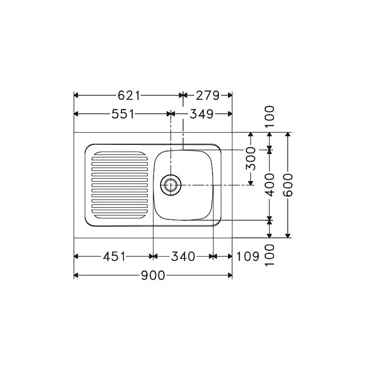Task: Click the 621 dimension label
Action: coord(129,95)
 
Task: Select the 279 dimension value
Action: coord(208,95)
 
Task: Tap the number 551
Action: coord(123,114)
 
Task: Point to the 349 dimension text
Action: coord(201,114)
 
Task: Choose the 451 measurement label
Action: coord(114,257)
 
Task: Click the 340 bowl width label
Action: coord(183,257)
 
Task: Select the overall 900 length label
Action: coord(153,276)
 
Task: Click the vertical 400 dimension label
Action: coord(270,185)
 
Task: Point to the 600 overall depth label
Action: coord(288,185)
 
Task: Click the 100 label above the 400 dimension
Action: coord(270,117)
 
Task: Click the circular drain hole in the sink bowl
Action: coord(171,185)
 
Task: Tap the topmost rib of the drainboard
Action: coord(120,155)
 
